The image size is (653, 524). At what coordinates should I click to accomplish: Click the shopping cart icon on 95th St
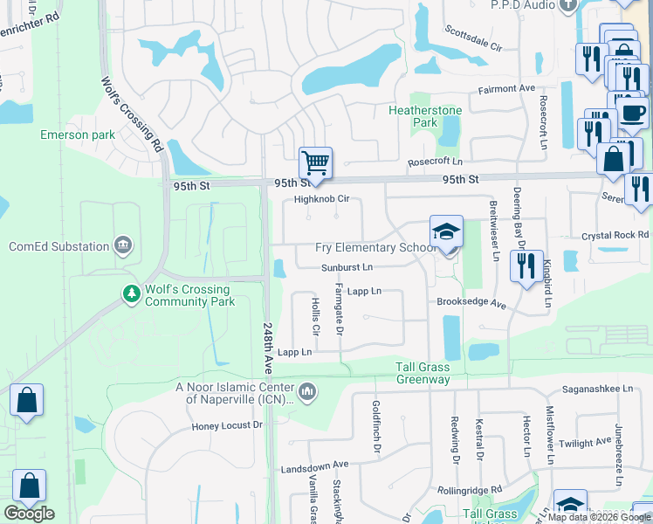315,162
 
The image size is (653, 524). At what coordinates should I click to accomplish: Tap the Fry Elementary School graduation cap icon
446,232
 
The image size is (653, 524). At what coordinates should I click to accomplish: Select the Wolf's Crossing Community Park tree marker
132,294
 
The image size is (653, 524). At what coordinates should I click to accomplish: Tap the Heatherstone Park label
413,116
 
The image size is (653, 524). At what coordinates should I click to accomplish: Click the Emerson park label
78,135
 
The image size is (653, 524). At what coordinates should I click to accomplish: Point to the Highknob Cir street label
321,199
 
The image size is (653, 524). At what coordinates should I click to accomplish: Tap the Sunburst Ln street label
347,266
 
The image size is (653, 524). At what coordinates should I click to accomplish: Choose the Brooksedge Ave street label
471,305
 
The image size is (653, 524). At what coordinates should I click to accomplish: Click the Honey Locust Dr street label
227,425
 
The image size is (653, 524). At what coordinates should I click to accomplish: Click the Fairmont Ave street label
505,89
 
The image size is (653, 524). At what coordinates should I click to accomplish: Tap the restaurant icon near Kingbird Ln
525,265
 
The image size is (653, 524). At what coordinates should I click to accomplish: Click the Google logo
29,514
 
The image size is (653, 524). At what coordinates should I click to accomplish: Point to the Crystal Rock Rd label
615,236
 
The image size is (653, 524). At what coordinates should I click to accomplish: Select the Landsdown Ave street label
314,467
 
